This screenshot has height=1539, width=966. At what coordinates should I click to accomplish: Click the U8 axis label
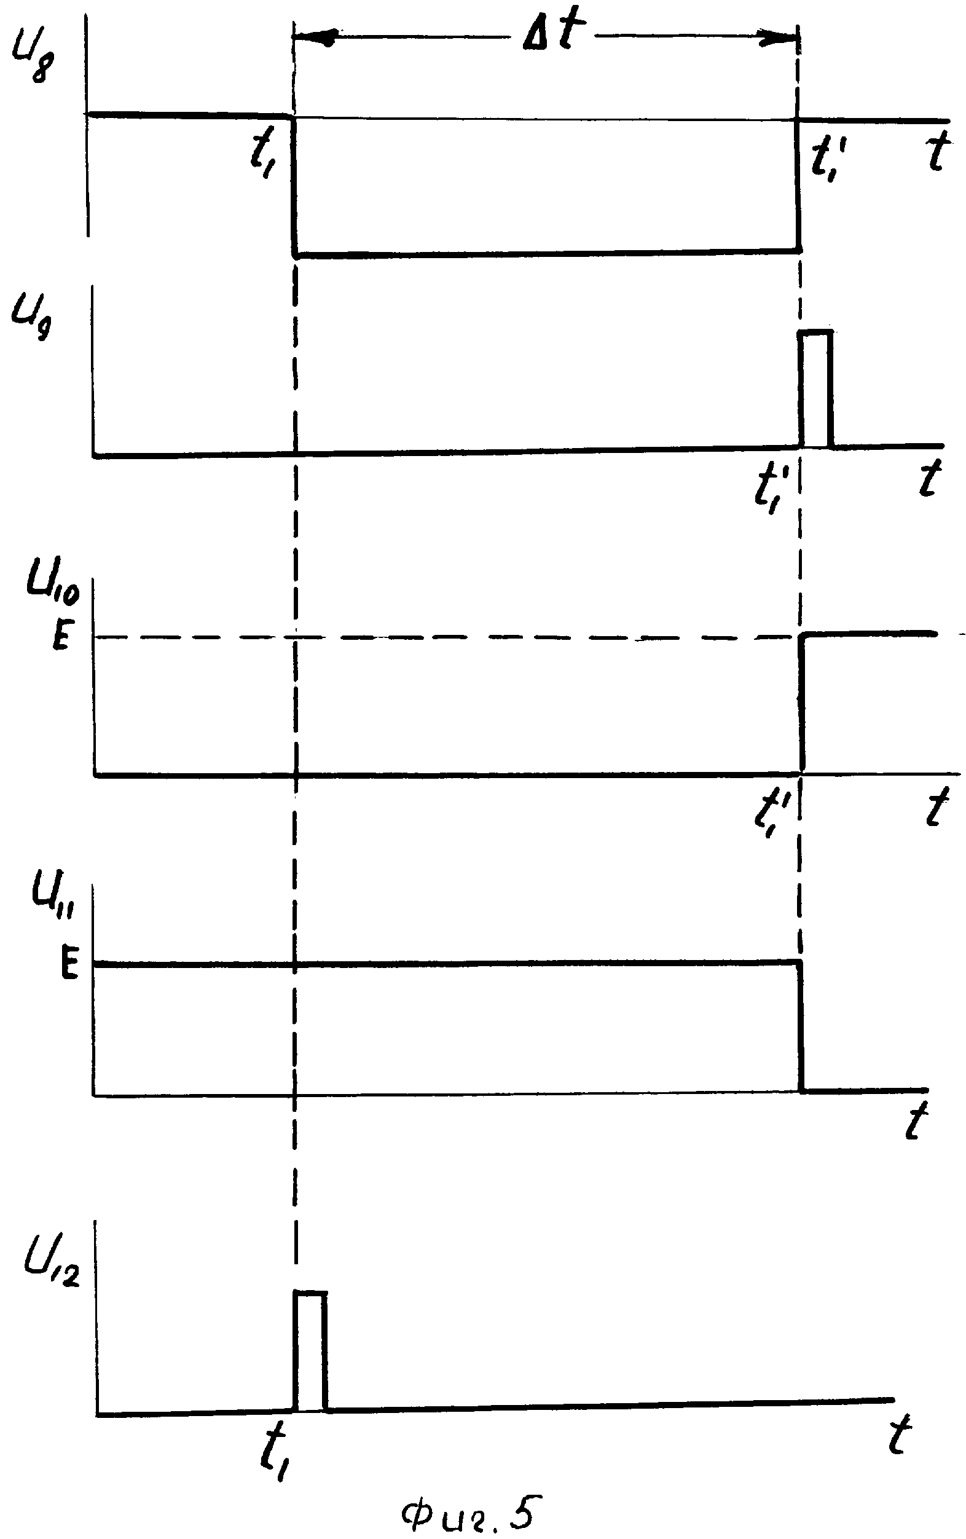point(32,62)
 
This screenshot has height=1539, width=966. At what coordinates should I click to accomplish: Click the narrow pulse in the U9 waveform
point(816,390)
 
